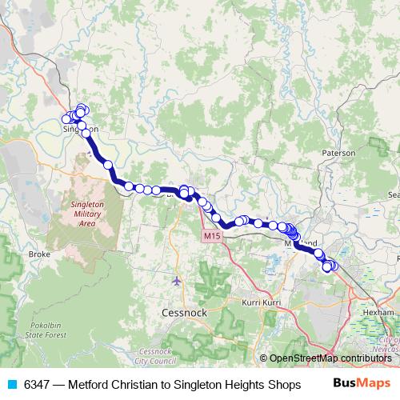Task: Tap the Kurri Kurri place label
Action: [x=261, y=303]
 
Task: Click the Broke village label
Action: [x=39, y=254]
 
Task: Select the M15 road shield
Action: [x=210, y=236]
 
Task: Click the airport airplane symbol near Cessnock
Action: [x=176, y=281]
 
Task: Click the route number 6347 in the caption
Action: [x=37, y=384]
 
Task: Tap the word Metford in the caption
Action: [x=89, y=384]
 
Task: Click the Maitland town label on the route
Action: [x=304, y=242]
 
